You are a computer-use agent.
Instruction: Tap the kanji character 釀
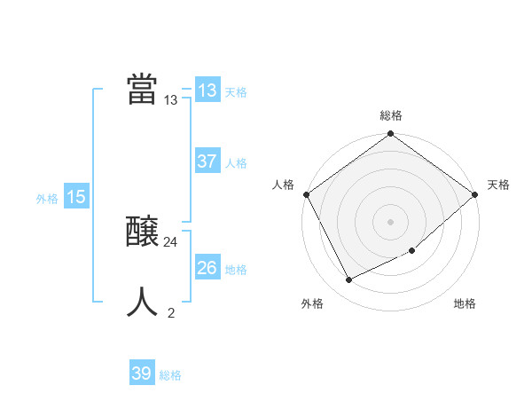tap(142, 232)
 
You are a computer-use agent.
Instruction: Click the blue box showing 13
tap(207, 90)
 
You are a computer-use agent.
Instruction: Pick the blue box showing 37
tap(207, 161)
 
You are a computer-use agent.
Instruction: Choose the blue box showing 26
tap(207, 268)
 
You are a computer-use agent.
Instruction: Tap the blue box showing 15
tap(75, 198)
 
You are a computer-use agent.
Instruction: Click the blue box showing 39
tap(141, 374)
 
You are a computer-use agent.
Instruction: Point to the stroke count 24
tap(171, 242)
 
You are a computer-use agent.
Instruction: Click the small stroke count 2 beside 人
tap(171, 312)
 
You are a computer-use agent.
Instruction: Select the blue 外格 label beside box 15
tap(47, 199)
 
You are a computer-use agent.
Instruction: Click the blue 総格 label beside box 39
tap(170, 375)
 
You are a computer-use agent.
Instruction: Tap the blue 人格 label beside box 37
tap(236, 163)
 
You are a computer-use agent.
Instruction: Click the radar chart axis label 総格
tap(391, 115)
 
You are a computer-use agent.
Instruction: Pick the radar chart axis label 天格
tap(498, 185)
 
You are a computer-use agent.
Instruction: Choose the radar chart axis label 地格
tap(465, 304)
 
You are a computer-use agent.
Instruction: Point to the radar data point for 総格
tap(391, 134)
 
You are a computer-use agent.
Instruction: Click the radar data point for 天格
tap(475, 194)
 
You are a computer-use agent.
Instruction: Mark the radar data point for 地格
tap(412, 251)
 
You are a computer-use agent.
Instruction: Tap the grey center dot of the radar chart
tap(391, 222)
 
